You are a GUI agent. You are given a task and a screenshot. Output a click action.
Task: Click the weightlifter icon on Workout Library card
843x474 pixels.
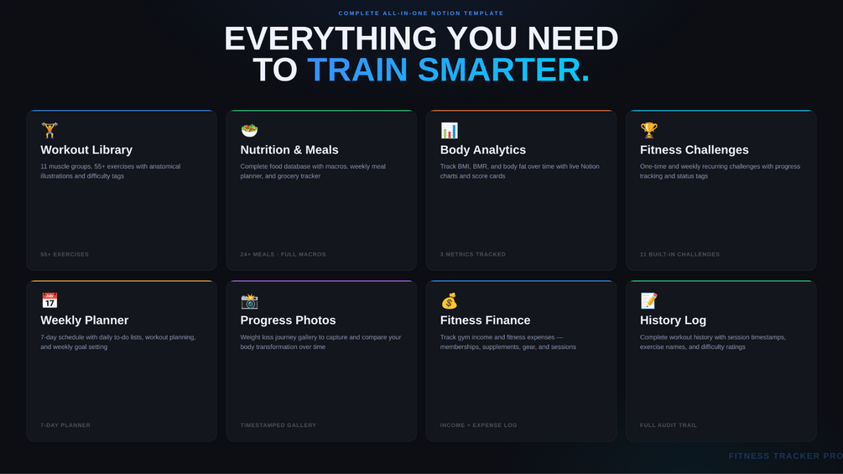pos(49,130)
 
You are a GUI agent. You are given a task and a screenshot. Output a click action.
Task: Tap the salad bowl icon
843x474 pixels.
pos(249,130)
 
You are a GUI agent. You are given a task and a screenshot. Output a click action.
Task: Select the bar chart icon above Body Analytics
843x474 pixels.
pos(449,130)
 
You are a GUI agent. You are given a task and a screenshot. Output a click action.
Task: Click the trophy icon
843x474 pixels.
pos(649,130)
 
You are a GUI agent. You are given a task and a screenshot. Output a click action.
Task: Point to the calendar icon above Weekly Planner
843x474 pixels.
pos(49,300)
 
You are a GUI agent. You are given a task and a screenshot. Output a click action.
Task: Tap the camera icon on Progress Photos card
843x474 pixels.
pos(249,301)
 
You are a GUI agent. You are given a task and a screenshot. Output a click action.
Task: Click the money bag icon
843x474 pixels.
pos(449,301)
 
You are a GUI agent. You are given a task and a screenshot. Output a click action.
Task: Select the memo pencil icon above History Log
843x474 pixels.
pos(649,301)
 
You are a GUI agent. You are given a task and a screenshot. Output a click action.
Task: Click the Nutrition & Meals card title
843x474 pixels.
pos(289,150)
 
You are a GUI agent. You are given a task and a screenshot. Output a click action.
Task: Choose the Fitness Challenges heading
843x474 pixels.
pos(694,150)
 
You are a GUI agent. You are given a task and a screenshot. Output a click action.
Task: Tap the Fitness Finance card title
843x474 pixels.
pos(485,320)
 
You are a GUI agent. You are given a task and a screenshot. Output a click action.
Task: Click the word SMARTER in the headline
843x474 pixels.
pos(504,70)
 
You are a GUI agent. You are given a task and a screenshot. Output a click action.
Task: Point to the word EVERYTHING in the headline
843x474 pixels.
pos(330,39)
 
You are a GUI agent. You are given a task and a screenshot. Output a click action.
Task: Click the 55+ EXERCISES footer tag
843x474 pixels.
pos(65,254)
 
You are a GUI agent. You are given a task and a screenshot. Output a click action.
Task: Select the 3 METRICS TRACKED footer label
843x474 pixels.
pos(472,254)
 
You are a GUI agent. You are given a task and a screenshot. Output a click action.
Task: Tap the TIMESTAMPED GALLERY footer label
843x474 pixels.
pos(278,425)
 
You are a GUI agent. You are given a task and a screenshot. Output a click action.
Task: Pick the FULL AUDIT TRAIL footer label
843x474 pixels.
pos(669,425)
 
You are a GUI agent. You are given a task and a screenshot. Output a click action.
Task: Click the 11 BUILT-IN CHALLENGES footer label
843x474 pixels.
pos(679,254)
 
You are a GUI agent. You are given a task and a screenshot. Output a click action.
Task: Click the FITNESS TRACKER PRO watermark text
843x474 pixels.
pos(785,456)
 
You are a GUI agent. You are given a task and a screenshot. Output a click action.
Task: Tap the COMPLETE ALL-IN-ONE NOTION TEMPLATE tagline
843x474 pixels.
pos(421,13)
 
